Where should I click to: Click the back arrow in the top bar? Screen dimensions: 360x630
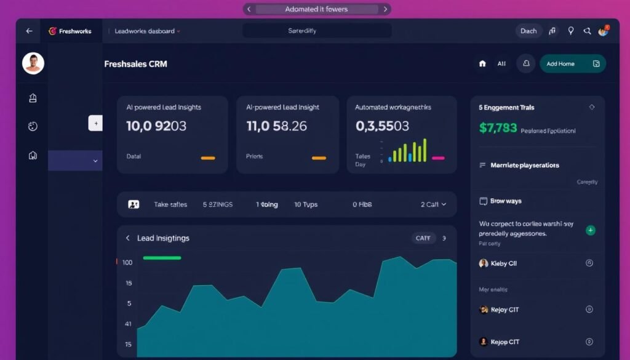(28, 31)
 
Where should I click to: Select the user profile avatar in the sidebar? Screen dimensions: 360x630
(33, 63)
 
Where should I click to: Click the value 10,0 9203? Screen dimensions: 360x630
(156, 126)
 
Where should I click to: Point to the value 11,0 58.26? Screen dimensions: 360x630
(276, 126)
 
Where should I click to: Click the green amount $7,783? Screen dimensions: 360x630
(498, 128)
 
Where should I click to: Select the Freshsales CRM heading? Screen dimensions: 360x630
(135, 63)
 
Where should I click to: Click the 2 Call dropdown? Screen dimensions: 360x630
(433, 204)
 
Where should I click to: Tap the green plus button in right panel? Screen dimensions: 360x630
(591, 230)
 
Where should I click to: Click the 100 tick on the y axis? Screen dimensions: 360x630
(127, 263)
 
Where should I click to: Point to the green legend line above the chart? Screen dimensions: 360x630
(162, 258)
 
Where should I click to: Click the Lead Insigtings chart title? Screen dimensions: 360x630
(163, 238)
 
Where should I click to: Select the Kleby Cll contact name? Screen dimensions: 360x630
(503, 263)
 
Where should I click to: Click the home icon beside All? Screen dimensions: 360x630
(482, 63)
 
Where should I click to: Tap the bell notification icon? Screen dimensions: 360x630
(525, 63)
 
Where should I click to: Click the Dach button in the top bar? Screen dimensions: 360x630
(528, 31)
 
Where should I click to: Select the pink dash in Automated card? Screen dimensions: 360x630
(438, 158)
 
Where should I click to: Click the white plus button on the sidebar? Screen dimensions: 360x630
(95, 123)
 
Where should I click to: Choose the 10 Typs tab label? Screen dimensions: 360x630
(306, 204)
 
